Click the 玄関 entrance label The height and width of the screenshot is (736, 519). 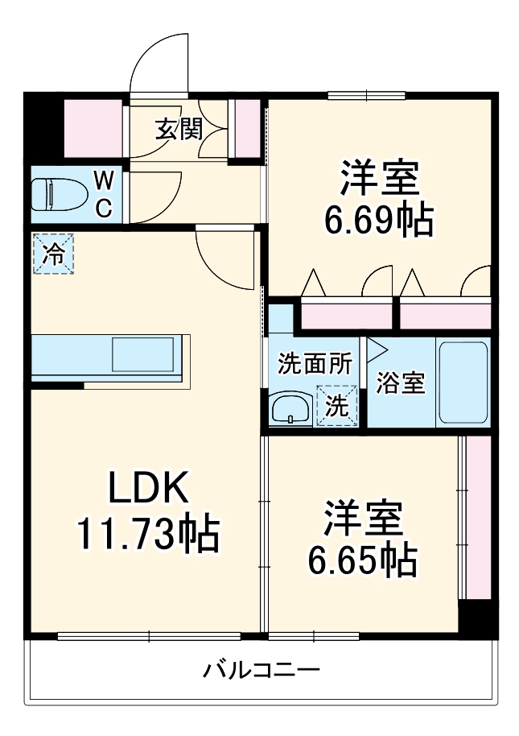178,129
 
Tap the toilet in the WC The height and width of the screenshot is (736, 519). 56,194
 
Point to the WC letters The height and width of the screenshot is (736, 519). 105,193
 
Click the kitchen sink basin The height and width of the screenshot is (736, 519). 143,354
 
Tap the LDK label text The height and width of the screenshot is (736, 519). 148,488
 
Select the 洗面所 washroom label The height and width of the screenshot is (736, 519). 315,364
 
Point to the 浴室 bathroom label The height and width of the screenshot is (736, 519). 400,384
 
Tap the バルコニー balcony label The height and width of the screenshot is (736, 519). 262,670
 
